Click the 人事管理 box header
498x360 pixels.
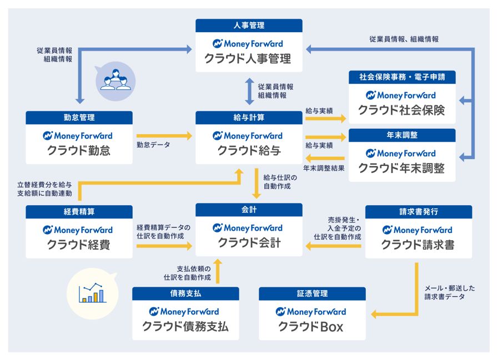coord(249,26)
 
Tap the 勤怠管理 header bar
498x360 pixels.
coord(79,118)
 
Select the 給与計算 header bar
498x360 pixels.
coord(249,118)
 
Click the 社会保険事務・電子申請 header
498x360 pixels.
coord(402,77)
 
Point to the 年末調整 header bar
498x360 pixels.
coord(402,135)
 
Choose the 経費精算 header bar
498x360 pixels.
coord(79,211)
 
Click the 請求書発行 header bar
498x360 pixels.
coord(419,211)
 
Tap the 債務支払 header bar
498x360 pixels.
coord(185,293)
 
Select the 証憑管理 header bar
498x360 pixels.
coord(312,293)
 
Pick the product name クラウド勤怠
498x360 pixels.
coord(78,151)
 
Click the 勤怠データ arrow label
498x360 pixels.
coord(153,145)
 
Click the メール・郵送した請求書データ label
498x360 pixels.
coord(449,292)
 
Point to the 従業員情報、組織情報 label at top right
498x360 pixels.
coord(404,39)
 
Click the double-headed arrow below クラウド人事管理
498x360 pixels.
coord(249,91)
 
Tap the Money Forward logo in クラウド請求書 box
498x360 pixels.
coord(419,230)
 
